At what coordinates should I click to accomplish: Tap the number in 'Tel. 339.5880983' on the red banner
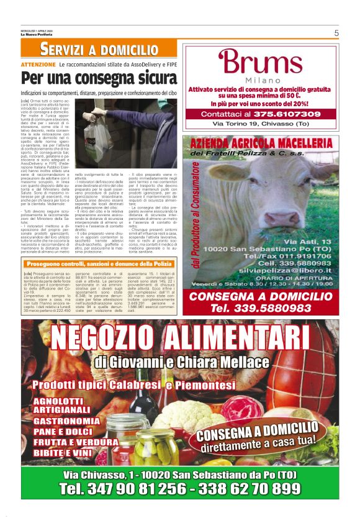(280, 307)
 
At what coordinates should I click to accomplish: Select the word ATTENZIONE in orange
(38, 64)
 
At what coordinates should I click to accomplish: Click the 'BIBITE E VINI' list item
(64, 453)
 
